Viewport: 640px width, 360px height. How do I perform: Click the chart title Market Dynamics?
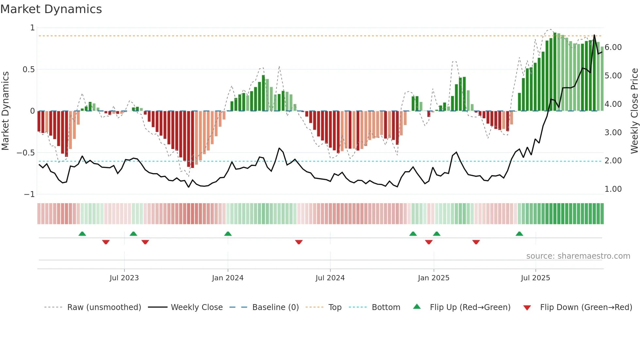pos(51,9)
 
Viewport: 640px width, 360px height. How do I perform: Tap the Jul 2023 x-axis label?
pos(124,278)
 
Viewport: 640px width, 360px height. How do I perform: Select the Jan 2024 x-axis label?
pos(228,278)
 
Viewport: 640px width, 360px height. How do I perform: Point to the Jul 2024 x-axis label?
pos(330,278)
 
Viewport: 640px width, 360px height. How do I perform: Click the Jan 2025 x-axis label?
pos(434,278)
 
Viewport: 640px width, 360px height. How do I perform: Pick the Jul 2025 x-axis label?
pos(536,278)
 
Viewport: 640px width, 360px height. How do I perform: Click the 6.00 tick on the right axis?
pos(613,47)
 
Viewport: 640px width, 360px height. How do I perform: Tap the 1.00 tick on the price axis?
pos(613,189)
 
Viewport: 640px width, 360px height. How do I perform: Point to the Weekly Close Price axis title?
pos(634,111)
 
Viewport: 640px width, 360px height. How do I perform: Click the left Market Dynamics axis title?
pos(5,111)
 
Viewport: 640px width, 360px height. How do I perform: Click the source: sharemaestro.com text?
pos(578,256)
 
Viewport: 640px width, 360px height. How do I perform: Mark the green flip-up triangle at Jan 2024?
pos(228,234)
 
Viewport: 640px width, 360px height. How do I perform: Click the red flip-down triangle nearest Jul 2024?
pos(299,242)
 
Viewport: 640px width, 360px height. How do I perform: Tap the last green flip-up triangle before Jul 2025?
pos(519,234)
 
